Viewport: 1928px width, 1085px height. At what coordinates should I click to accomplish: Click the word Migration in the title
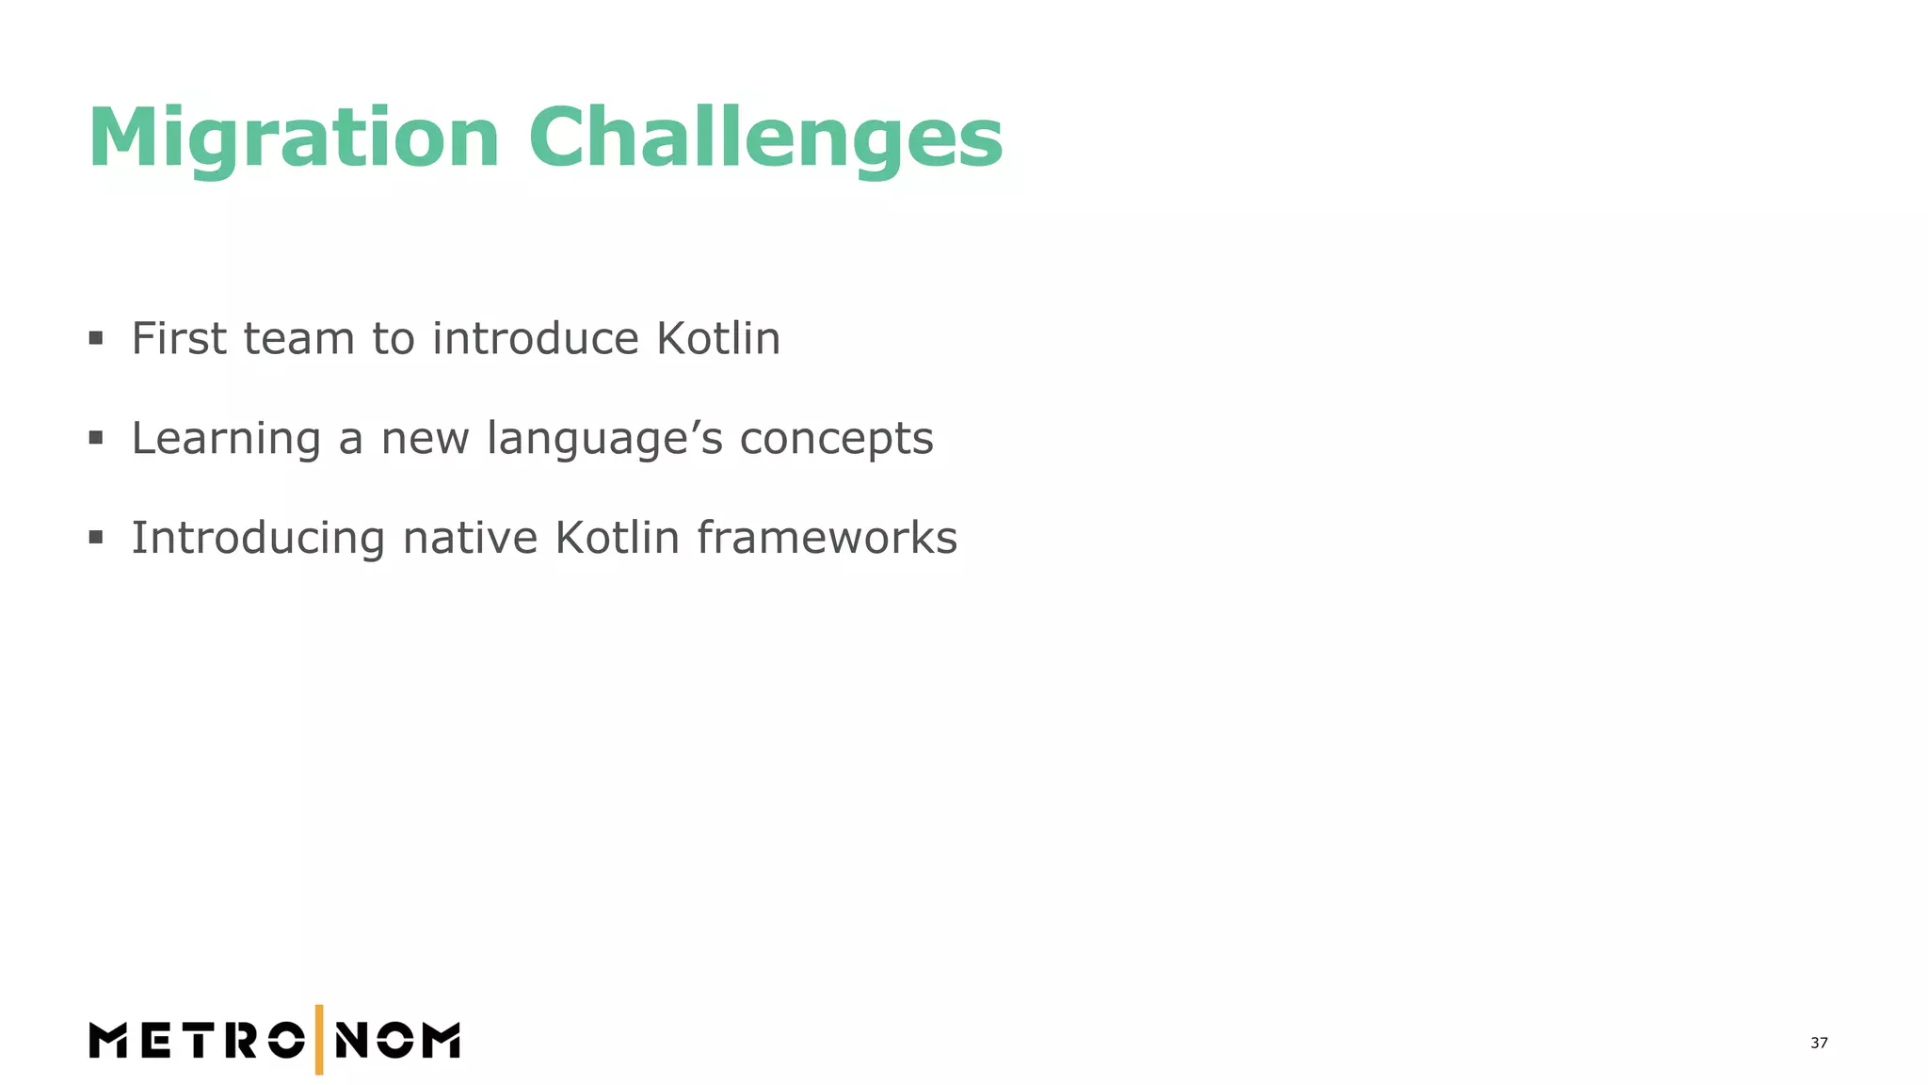293,139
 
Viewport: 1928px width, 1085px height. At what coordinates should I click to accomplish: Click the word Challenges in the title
765,139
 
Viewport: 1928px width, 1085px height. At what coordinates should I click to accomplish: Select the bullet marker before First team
96,338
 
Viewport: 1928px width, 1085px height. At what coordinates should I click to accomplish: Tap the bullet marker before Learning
96,438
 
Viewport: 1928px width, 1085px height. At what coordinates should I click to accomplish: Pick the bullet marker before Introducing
96,538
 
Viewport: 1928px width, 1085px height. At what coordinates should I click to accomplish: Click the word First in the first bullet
179,338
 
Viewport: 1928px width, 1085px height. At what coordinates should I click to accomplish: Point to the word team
298,340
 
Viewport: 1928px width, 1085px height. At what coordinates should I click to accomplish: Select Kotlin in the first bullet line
718,338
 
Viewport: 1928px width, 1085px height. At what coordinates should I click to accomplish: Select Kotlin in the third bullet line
617,538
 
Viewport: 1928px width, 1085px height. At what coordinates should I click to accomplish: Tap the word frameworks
827,538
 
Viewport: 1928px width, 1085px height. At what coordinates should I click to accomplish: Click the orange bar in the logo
319,1040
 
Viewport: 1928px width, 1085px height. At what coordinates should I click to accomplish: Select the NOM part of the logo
397,1041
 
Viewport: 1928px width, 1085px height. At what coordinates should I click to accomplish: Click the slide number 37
1819,1043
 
